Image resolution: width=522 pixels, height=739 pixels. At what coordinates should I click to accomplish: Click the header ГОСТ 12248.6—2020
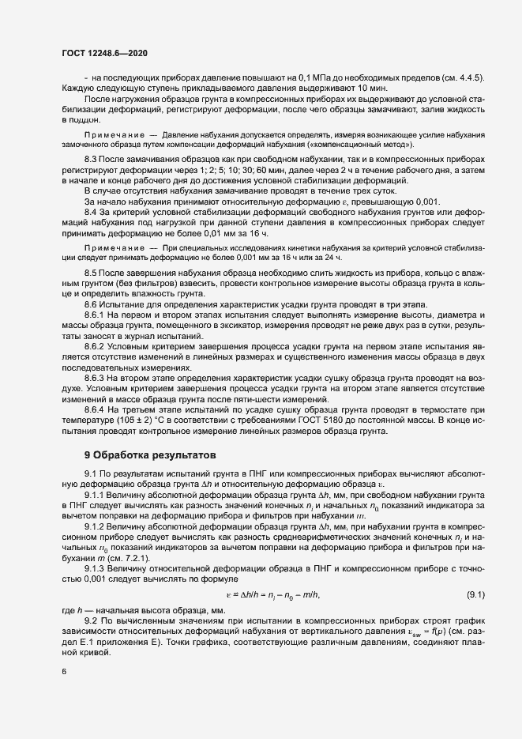(x=104, y=52)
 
